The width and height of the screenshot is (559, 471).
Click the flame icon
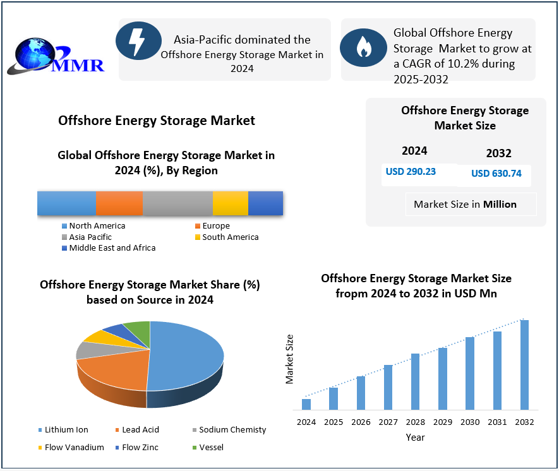[x=363, y=47]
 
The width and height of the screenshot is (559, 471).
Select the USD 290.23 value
[x=411, y=172]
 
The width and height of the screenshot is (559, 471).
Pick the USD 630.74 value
[x=496, y=174]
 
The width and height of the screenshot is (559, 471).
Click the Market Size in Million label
[x=465, y=204]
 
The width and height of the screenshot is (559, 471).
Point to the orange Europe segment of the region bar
[x=119, y=203]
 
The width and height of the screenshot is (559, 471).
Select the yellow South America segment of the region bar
[x=231, y=203]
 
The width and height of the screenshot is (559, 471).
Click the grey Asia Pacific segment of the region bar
[x=177, y=203]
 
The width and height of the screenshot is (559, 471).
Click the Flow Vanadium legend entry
[x=75, y=448]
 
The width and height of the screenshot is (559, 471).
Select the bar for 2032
[x=524, y=365]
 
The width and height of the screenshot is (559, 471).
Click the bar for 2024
[x=306, y=404]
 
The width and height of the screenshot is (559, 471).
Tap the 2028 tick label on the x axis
[x=415, y=422]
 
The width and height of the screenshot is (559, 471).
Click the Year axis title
[x=415, y=437]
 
